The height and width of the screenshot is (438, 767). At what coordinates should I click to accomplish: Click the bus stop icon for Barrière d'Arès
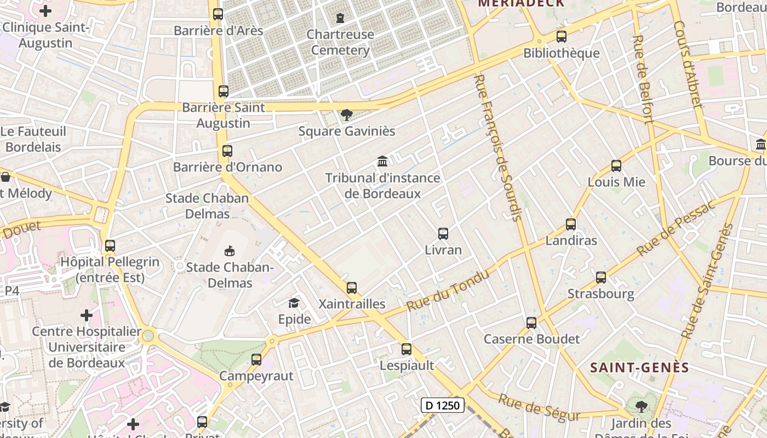(x=218, y=14)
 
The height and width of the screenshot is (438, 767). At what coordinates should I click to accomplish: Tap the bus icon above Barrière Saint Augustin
(x=223, y=91)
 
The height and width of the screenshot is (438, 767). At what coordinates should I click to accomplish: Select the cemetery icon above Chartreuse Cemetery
(x=340, y=18)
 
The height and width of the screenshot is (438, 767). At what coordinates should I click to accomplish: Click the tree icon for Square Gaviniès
(x=346, y=115)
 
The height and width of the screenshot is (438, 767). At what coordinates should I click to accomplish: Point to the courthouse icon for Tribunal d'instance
(x=382, y=162)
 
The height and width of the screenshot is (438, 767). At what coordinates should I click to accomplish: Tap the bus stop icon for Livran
(x=443, y=234)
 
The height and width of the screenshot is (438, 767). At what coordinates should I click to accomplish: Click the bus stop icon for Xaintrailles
(x=352, y=287)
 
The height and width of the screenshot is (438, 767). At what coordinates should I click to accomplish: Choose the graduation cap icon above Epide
(x=294, y=303)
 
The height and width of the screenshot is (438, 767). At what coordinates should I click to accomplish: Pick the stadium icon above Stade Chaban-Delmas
(x=229, y=251)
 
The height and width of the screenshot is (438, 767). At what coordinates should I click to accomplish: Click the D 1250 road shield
(x=443, y=406)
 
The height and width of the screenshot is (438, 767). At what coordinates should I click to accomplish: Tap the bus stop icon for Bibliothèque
(x=561, y=37)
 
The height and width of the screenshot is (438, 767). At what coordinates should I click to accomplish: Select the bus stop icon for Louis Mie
(x=616, y=166)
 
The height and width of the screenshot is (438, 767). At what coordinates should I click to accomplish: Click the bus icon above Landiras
(x=571, y=224)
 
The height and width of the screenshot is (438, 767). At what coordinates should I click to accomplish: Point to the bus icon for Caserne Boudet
(x=531, y=323)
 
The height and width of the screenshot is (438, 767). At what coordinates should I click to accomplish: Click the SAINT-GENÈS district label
(x=639, y=367)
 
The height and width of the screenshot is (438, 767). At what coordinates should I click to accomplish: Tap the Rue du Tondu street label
(x=448, y=291)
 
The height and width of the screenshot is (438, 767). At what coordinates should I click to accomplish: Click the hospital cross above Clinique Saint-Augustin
(x=45, y=10)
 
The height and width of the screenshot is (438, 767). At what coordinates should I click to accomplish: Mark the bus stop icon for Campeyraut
(x=256, y=360)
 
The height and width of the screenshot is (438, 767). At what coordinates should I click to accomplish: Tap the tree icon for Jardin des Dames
(x=641, y=406)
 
